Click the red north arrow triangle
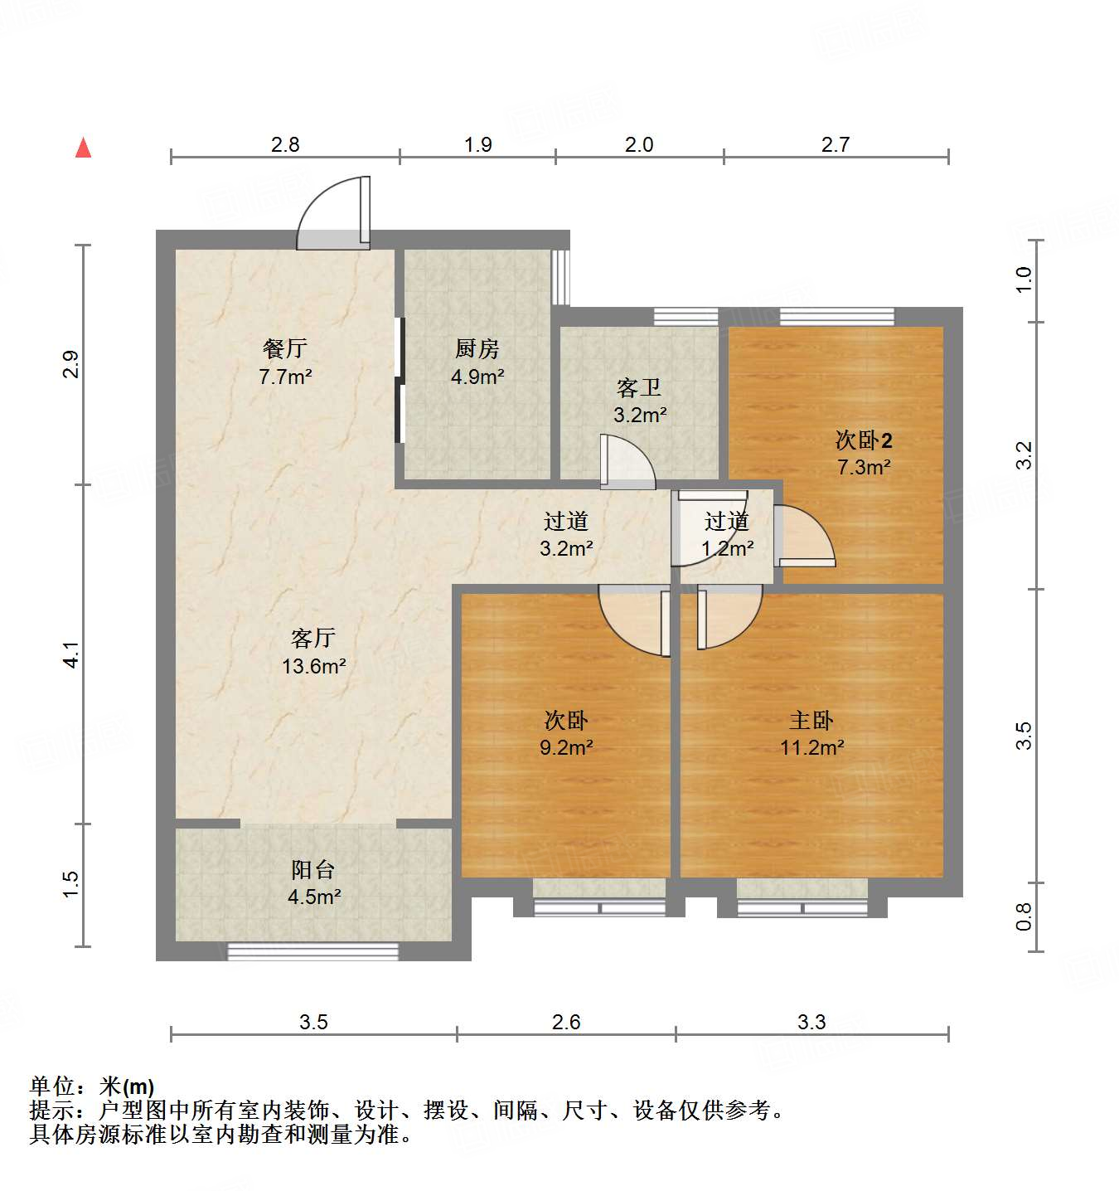[x=83, y=148]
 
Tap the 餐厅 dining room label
[x=284, y=348]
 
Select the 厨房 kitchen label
[x=477, y=348]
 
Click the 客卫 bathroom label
[x=639, y=387]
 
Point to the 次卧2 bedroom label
[x=864, y=440]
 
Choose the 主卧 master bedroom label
[x=811, y=720]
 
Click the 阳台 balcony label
[x=313, y=869]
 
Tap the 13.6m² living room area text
[x=313, y=666]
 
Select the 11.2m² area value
[x=811, y=747]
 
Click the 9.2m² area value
[x=566, y=747]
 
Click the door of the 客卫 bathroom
[x=627, y=461]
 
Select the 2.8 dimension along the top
[x=285, y=144]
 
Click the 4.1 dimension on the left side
[x=72, y=655]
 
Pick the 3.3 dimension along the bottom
[x=811, y=1022]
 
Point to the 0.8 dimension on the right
[x=1025, y=916]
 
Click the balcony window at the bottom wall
[x=312, y=951]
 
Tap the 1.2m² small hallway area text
[x=728, y=548]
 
